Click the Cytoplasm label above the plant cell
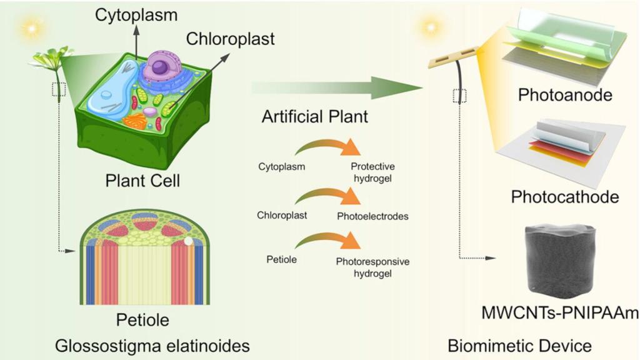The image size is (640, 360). (136, 14)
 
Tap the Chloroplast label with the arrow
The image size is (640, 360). (230, 39)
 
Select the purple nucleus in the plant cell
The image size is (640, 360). (161, 67)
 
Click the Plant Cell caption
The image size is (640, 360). (142, 182)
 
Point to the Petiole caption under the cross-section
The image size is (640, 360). (142, 321)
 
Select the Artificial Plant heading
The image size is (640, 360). (316, 116)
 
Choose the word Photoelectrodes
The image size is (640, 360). (372, 216)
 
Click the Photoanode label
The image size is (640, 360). (564, 95)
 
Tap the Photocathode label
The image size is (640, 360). (564, 197)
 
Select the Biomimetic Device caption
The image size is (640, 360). (519, 345)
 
